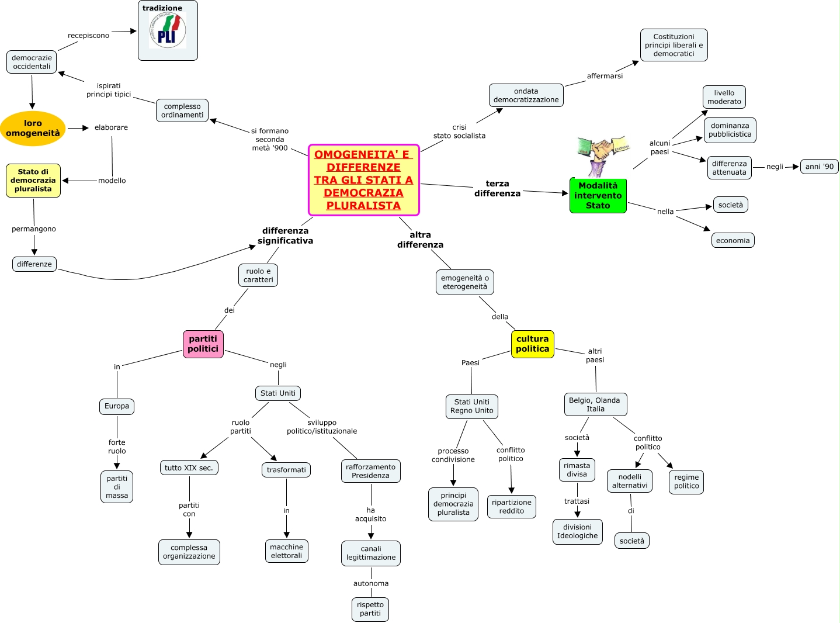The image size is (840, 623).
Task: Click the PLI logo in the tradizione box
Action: (x=167, y=31)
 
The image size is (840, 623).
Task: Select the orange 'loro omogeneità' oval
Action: (x=33, y=129)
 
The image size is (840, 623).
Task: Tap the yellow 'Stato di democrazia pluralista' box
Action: (x=33, y=181)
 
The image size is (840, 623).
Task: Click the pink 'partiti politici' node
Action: (x=203, y=344)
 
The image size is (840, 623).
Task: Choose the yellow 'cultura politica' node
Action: (x=532, y=344)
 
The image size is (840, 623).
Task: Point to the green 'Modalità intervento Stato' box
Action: (x=598, y=196)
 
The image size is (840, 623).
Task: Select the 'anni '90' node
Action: (x=819, y=167)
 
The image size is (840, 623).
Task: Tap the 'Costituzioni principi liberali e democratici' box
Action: (x=674, y=45)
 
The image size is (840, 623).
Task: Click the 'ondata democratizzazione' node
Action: (x=526, y=95)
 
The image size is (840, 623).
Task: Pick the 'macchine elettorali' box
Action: (x=286, y=551)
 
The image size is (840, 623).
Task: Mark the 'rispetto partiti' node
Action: (x=370, y=609)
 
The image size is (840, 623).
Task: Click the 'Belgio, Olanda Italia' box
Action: (x=595, y=404)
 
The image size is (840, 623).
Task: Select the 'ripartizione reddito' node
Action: (x=511, y=507)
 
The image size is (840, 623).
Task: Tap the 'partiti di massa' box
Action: (x=117, y=487)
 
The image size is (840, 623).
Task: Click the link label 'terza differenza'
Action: (x=497, y=188)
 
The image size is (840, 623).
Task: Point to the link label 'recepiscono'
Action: (x=88, y=36)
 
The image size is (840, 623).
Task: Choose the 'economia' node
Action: (x=733, y=240)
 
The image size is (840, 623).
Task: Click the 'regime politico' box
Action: (x=686, y=482)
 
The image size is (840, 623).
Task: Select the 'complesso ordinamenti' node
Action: (x=182, y=110)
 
